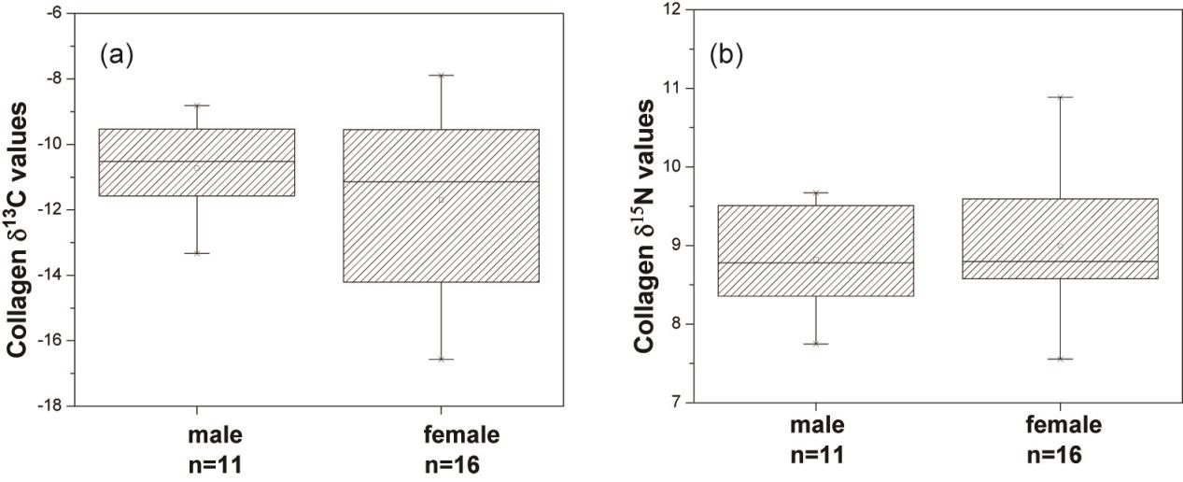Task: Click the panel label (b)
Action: pyautogui.click(x=725, y=56)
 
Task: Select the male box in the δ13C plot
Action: pyautogui.click(x=196, y=162)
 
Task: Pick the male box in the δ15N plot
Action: pyautogui.click(x=815, y=250)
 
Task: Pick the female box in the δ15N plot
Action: pyautogui.click(x=1060, y=238)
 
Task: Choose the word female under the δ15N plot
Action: pyautogui.click(x=1063, y=426)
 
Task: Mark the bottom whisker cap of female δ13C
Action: pyautogui.click(x=441, y=359)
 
